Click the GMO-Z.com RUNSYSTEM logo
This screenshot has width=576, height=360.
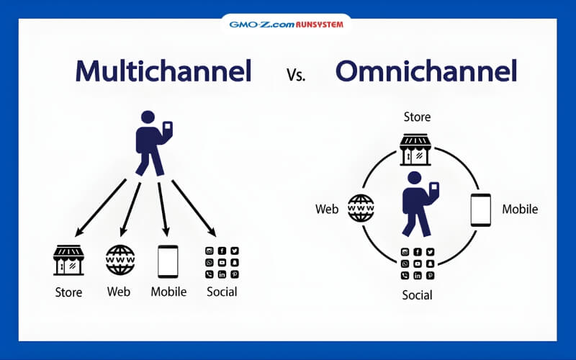[x=286, y=24]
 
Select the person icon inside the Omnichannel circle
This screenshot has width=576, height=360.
[x=417, y=204]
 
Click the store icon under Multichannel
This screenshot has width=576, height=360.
[x=69, y=260]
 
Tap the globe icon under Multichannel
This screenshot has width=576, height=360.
[x=120, y=260]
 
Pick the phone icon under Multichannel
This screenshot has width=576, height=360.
[x=168, y=261]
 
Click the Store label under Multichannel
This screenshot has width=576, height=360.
[x=69, y=292]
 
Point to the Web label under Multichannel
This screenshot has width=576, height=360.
[x=119, y=292]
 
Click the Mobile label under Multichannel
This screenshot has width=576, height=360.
[x=168, y=292]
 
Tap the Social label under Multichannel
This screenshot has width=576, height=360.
[x=222, y=292]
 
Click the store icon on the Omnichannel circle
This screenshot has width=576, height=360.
[x=415, y=148]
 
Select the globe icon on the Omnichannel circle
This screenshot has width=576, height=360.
[x=361, y=208]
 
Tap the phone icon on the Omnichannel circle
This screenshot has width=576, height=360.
[x=480, y=210]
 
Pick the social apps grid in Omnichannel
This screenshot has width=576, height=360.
[x=418, y=264]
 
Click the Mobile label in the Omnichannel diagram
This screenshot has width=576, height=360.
[x=520, y=210]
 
